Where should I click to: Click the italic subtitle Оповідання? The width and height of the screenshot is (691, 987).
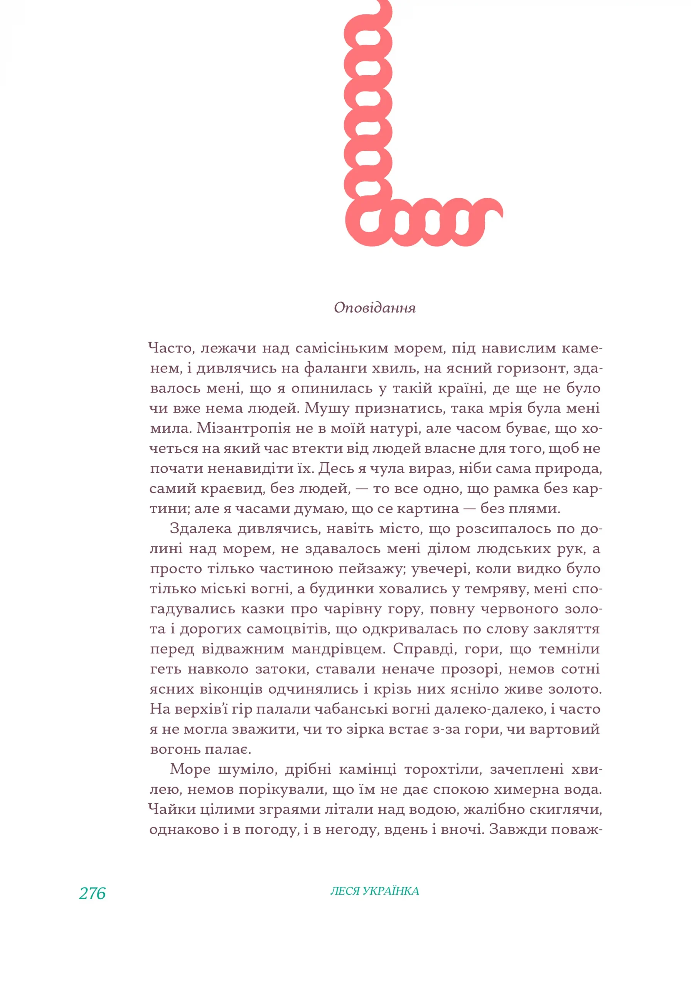pos(374,308)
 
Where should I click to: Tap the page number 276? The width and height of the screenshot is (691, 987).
pos(92,893)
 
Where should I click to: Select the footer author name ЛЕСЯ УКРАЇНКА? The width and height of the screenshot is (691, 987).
pos(374,891)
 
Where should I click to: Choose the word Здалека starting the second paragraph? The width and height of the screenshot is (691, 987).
pos(201,528)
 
